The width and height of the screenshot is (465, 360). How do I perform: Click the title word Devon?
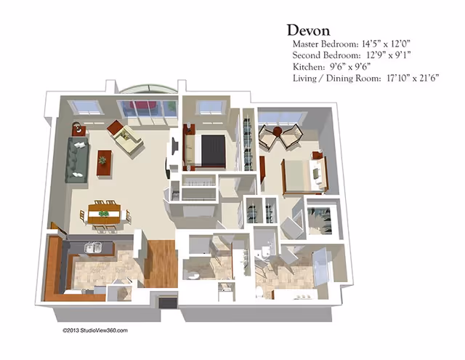pos(309,30)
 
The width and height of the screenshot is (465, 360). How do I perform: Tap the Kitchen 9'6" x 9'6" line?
pos(327,66)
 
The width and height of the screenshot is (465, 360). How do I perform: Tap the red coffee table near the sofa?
pos(104,162)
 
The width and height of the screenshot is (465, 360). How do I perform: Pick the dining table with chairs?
pos(104,213)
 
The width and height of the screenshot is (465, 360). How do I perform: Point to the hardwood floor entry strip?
pos(161,262)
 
